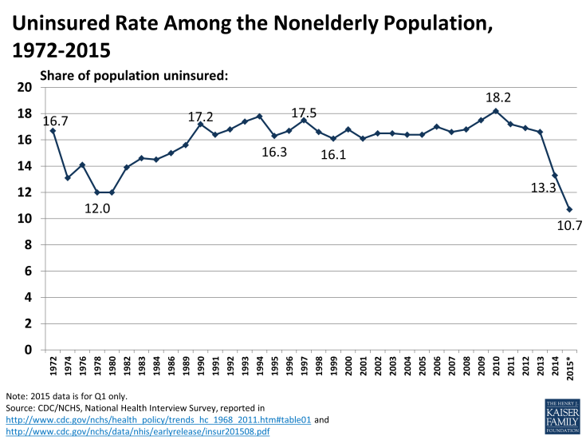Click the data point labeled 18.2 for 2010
(496, 111)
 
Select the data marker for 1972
(53, 131)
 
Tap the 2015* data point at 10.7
(569, 209)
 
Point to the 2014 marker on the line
(555, 176)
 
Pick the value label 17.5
(304, 114)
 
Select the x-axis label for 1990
(200, 368)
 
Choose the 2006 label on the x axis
(436, 368)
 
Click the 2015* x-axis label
(570, 370)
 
